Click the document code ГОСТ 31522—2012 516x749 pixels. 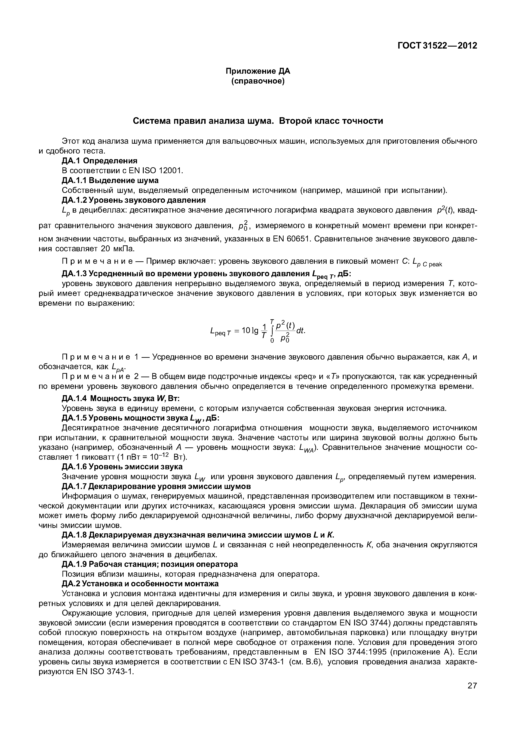point(437,46)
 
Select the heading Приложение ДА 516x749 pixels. point(258,71)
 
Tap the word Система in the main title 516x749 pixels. point(152,121)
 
